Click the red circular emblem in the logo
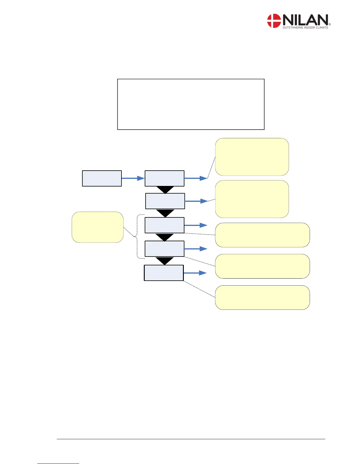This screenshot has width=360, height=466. click(x=274, y=21)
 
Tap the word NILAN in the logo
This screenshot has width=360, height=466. click(x=305, y=20)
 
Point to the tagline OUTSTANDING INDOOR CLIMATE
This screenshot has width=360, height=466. click(x=305, y=28)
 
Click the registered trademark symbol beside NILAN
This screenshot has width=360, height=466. click(x=330, y=24)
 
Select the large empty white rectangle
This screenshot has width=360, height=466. click(x=191, y=104)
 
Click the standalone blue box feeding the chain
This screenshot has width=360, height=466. click(x=102, y=178)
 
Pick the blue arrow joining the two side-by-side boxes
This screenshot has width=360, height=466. click(x=133, y=178)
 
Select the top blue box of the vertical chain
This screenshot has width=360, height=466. click(x=164, y=178)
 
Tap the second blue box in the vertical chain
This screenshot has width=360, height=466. click(x=165, y=201)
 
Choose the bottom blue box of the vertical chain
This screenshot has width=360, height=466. click(x=164, y=273)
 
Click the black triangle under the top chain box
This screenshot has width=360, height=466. click(x=165, y=190)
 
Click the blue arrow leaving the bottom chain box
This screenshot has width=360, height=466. click(x=195, y=273)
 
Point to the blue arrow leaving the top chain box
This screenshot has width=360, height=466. click(x=196, y=178)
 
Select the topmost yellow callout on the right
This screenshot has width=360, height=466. click(x=252, y=157)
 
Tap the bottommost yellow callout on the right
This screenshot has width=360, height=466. click(x=262, y=297)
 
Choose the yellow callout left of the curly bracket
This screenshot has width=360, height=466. click(x=97, y=227)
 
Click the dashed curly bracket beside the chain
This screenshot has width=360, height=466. click(x=137, y=236)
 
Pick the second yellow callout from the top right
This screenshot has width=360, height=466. click(x=252, y=199)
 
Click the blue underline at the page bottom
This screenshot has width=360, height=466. click(x=58, y=463)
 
